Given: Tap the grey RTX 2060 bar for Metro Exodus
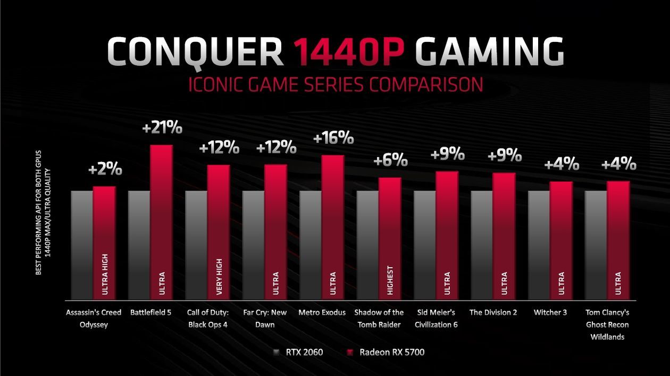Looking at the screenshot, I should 311,244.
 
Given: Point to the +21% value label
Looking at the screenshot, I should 163,128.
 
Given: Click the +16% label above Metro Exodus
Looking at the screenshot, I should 333,138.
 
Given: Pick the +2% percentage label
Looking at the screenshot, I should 105,170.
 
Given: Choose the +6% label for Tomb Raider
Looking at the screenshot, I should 391,160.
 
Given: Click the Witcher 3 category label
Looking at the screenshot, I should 550,312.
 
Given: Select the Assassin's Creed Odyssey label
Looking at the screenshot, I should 93,318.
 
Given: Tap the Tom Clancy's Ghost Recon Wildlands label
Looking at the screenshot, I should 607,324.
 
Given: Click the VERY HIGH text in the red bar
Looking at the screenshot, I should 219,275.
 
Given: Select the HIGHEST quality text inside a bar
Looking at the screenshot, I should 390,279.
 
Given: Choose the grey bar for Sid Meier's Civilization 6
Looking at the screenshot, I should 424,244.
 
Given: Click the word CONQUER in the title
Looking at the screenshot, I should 195,52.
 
